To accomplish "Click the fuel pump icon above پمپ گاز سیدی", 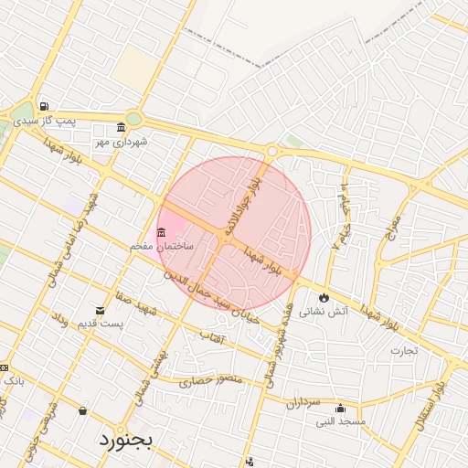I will [43, 106].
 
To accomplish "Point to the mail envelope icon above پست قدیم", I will [101, 312].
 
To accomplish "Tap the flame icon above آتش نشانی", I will [324, 297].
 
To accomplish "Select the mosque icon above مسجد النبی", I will [340, 408].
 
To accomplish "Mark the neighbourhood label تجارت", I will [403, 350].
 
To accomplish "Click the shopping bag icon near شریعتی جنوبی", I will [83, 411].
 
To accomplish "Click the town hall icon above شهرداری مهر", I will [122, 127].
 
